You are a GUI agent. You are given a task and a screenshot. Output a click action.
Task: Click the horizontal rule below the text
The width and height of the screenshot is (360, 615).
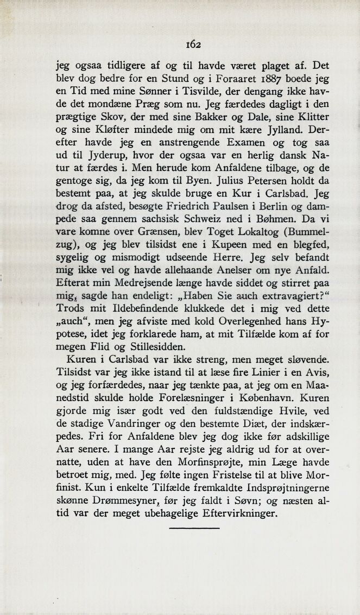[x=194, y=528]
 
